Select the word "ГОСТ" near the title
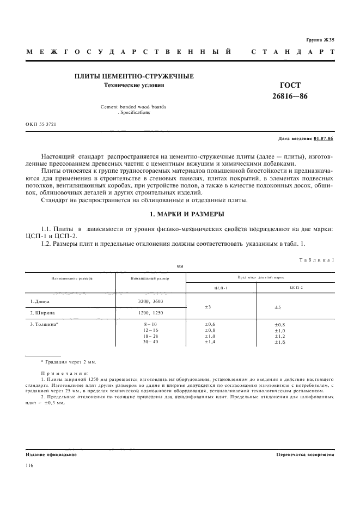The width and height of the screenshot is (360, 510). pyautogui.click(x=290, y=85)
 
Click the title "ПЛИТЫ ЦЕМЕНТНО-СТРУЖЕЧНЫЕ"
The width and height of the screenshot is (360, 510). pyautogui.click(x=134, y=76)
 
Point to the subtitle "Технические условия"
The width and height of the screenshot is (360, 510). pyautogui.click(x=134, y=86)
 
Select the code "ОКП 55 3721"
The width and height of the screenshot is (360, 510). pyautogui.click(x=41, y=124)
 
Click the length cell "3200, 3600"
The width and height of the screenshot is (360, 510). pyautogui.click(x=150, y=301)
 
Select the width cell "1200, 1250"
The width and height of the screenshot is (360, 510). pyautogui.click(x=150, y=313)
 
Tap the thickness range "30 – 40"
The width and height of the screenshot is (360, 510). pyautogui.click(x=150, y=342)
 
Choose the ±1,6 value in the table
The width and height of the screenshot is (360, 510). pyautogui.click(x=280, y=342)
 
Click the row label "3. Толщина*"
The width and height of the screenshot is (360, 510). pyautogui.click(x=44, y=325)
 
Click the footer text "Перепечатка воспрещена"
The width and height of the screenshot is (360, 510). pyautogui.click(x=305, y=454)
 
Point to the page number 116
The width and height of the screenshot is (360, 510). pyautogui.click(x=30, y=466)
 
